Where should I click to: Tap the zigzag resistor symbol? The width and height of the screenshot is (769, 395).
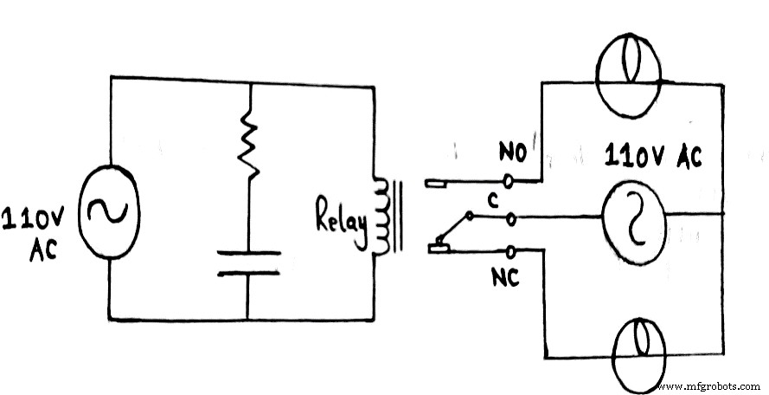[x=249, y=143]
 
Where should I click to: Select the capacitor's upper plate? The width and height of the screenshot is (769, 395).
[x=248, y=253]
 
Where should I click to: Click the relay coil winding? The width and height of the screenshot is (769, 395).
[x=380, y=217]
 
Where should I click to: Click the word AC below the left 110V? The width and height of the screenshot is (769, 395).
[x=42, y=249]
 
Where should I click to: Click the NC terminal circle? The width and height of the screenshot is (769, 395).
[x=510, y=252]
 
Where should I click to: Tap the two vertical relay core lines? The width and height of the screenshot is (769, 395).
[x=397, y=217]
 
